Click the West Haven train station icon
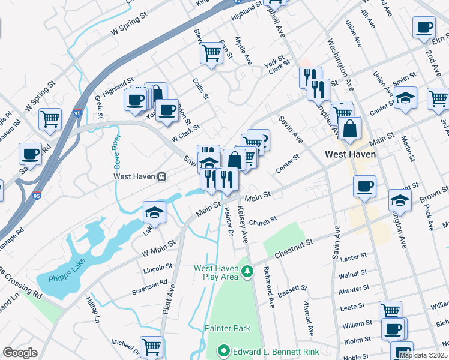pyautogui.click(x=161, y=177)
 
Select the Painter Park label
pyautogui.click(x=227, y=328)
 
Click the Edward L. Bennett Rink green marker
pyautogui.click(x=223, y=350)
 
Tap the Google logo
pyautogui.click(x=20, y=353)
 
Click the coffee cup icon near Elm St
pyautogui.click(x=424, y=27)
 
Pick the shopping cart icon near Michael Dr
pyautogui.click(x=151, y=346)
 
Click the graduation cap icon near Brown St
pyautogui.click(x=400, y=199)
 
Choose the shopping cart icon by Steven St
pyautogui.click(x=211, y=53)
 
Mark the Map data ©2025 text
pyautogui.click(x=423, y=355)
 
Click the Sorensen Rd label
pyautogui.click(x=150, y=287)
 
